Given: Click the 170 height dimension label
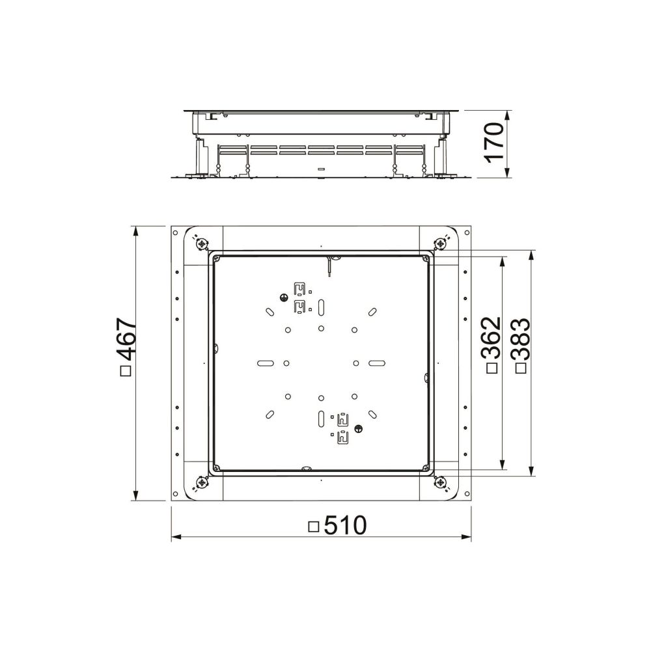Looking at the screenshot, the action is pos(494,141).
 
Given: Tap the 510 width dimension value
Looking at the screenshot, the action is pos(346,525).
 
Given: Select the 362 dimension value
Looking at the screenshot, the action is pos(492,337).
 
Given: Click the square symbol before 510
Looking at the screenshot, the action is pos(314,527).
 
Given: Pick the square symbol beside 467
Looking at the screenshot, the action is pos(126,370).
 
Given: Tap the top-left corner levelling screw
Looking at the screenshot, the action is pos(202,244).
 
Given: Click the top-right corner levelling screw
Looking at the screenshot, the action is pos(440,243).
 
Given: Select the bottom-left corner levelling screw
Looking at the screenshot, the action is pos(202,482).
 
